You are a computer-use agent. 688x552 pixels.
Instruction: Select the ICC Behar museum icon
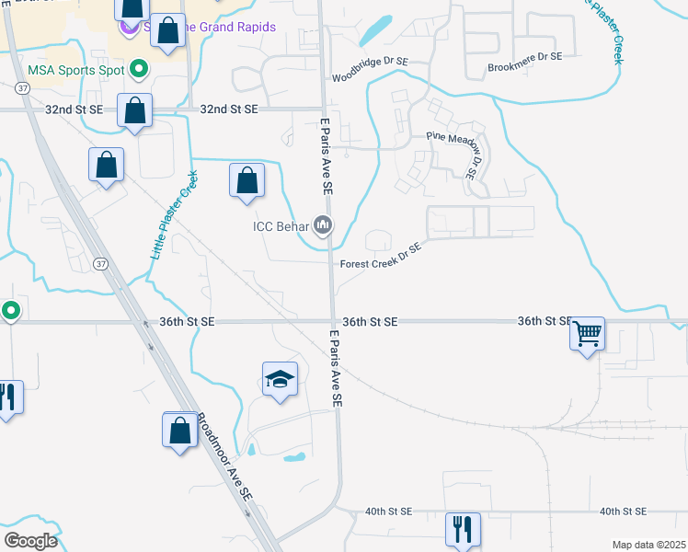323,224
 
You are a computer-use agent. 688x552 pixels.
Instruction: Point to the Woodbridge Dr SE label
369,77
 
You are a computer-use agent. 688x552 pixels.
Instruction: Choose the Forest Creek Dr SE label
381,256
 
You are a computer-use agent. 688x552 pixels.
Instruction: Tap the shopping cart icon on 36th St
587,333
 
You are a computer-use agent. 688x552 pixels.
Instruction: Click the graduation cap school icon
281,379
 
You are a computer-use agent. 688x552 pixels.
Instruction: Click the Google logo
30,541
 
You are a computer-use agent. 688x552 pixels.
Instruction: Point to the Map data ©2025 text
648,545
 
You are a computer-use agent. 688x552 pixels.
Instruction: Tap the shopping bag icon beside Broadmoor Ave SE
179,429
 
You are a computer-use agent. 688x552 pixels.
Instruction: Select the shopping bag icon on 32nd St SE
134,110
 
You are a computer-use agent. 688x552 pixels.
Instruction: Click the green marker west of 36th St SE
10,311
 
